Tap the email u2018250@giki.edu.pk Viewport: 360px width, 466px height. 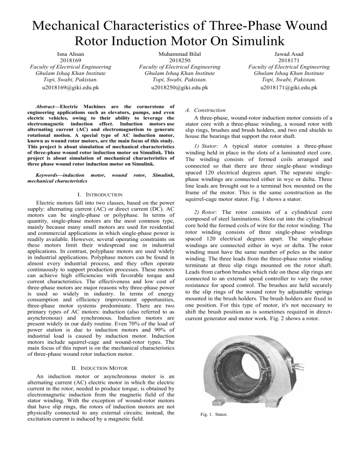[x=180, y=87]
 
